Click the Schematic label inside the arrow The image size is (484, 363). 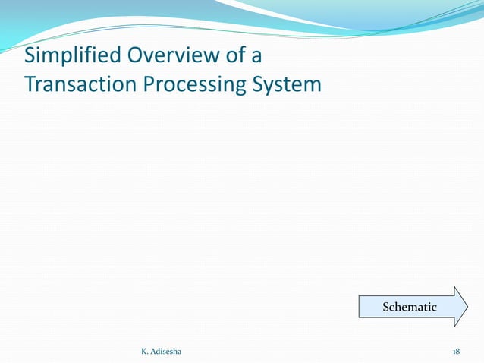[410, 307]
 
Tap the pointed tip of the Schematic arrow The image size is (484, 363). [468, 307]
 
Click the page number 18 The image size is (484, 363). [456, 352]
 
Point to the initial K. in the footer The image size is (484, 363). [145, 352]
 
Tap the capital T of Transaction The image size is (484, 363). [30, 84]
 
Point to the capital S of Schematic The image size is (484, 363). [386, 307]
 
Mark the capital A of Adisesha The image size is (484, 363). [156, 352]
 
